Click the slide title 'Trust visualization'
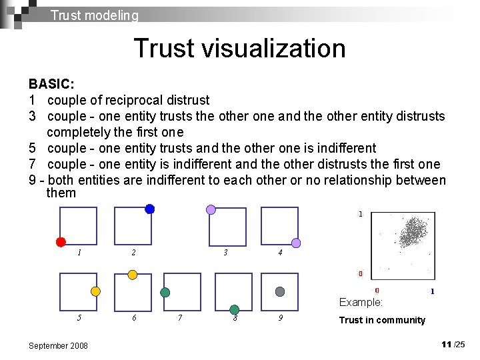pos(239,49)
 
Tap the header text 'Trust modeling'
pos(94,15)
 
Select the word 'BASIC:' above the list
pos(51,85)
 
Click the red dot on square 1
pos(61,242)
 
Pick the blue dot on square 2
pos(150,209)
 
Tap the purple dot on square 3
pos(211,209)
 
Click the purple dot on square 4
pos(296,243)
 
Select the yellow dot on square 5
pos(95,291)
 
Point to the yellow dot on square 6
pos(133,275)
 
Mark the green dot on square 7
pos(165,292)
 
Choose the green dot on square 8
pos(235,309)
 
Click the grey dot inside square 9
pos(280,291)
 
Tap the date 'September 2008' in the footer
pos(58,345)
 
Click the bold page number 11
pos(446,344)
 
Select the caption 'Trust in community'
pos(381,320)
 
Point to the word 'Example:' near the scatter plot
pos(361,302)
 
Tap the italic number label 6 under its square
pos(134,318)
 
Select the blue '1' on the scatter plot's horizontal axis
pos(432,291)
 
